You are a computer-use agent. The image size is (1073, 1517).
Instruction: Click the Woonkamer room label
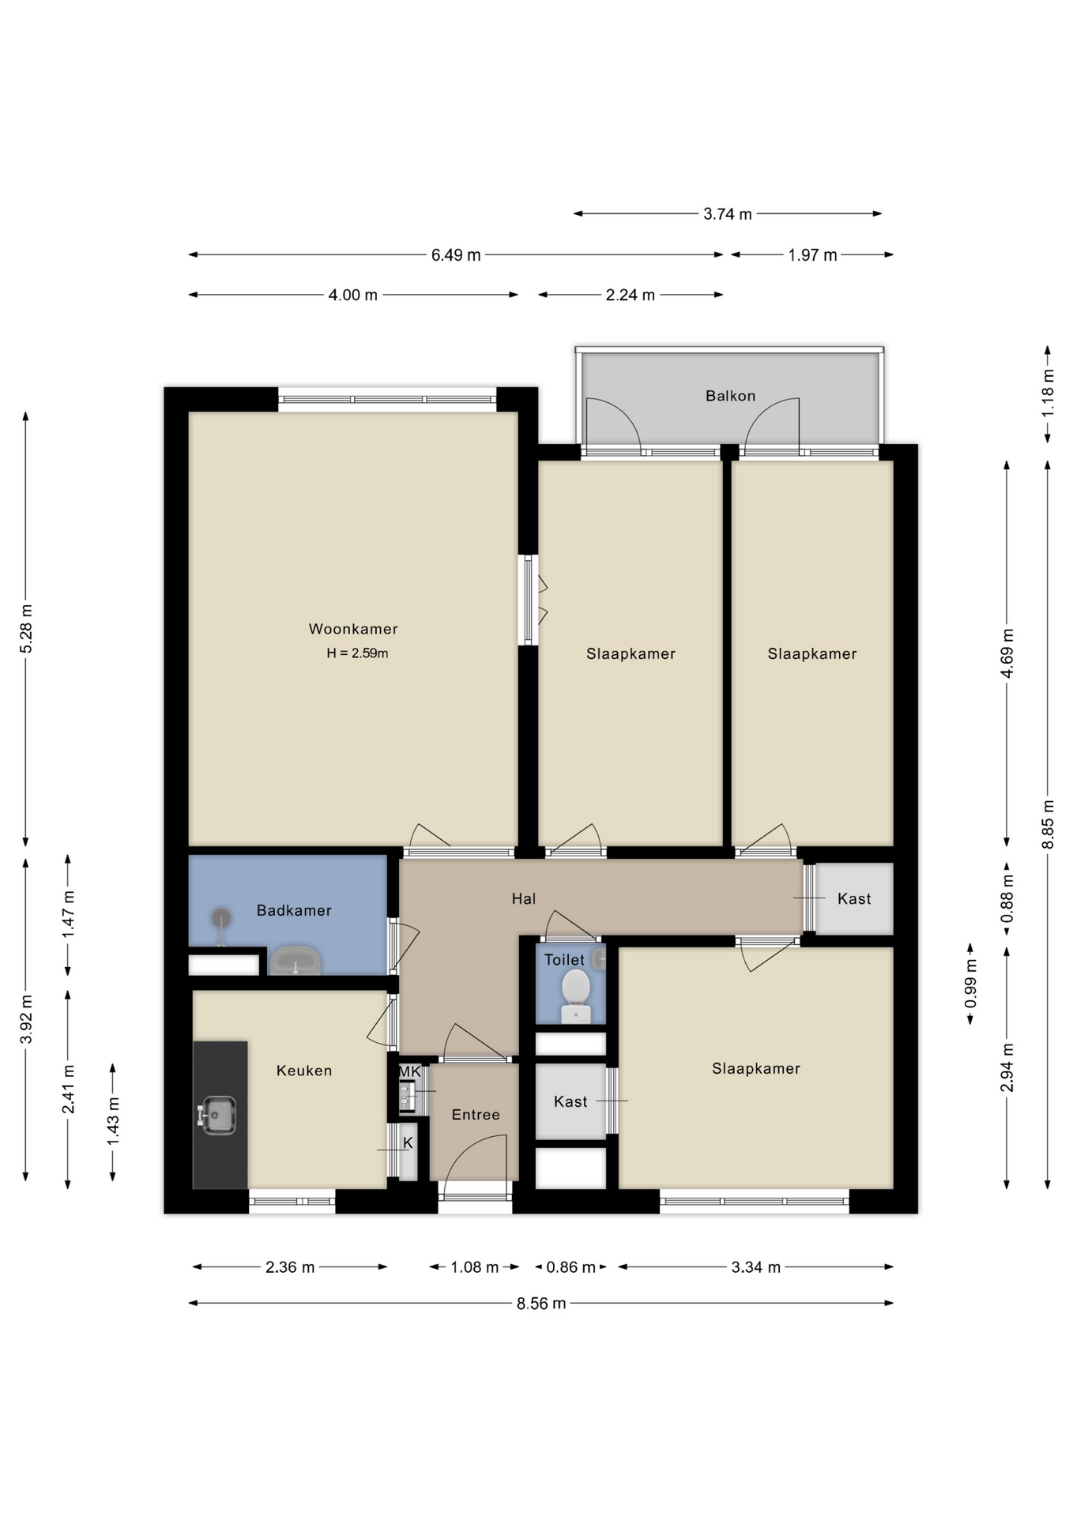coord(353,629)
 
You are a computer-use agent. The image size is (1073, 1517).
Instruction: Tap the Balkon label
coord(730,396)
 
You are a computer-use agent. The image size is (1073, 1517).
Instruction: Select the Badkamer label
coord(294,910)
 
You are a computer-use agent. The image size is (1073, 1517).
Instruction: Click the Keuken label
coord(304,1071)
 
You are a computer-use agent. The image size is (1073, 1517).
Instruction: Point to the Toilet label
coord(564,960)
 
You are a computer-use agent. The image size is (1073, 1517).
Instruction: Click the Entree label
coord(476,1115)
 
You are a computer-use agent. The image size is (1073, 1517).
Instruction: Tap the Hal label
coord(524,898)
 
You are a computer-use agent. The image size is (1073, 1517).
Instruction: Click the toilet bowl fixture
coord(576,996)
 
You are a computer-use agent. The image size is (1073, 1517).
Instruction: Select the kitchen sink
coord(217,1115)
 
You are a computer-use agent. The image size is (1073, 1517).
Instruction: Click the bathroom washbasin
coord(296,961)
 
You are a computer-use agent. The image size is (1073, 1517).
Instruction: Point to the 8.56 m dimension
coord(541,1304)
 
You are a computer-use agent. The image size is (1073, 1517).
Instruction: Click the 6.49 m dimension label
coord(456,255)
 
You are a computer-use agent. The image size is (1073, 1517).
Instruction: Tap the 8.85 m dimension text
coord(1049,825)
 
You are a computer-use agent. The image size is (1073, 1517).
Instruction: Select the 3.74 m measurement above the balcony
coord(728,214)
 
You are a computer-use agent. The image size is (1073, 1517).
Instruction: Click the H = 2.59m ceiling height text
coord(357,653)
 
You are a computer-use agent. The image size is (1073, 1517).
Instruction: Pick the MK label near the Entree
coord(409,1071)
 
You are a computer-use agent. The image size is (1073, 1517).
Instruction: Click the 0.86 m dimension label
coord(570,1267)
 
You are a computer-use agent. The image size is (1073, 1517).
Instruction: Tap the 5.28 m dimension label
coord(26,629)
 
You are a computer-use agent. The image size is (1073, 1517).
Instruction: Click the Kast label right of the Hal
coord(854,898)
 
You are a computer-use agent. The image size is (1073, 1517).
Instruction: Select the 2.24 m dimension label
coord(631,295)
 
